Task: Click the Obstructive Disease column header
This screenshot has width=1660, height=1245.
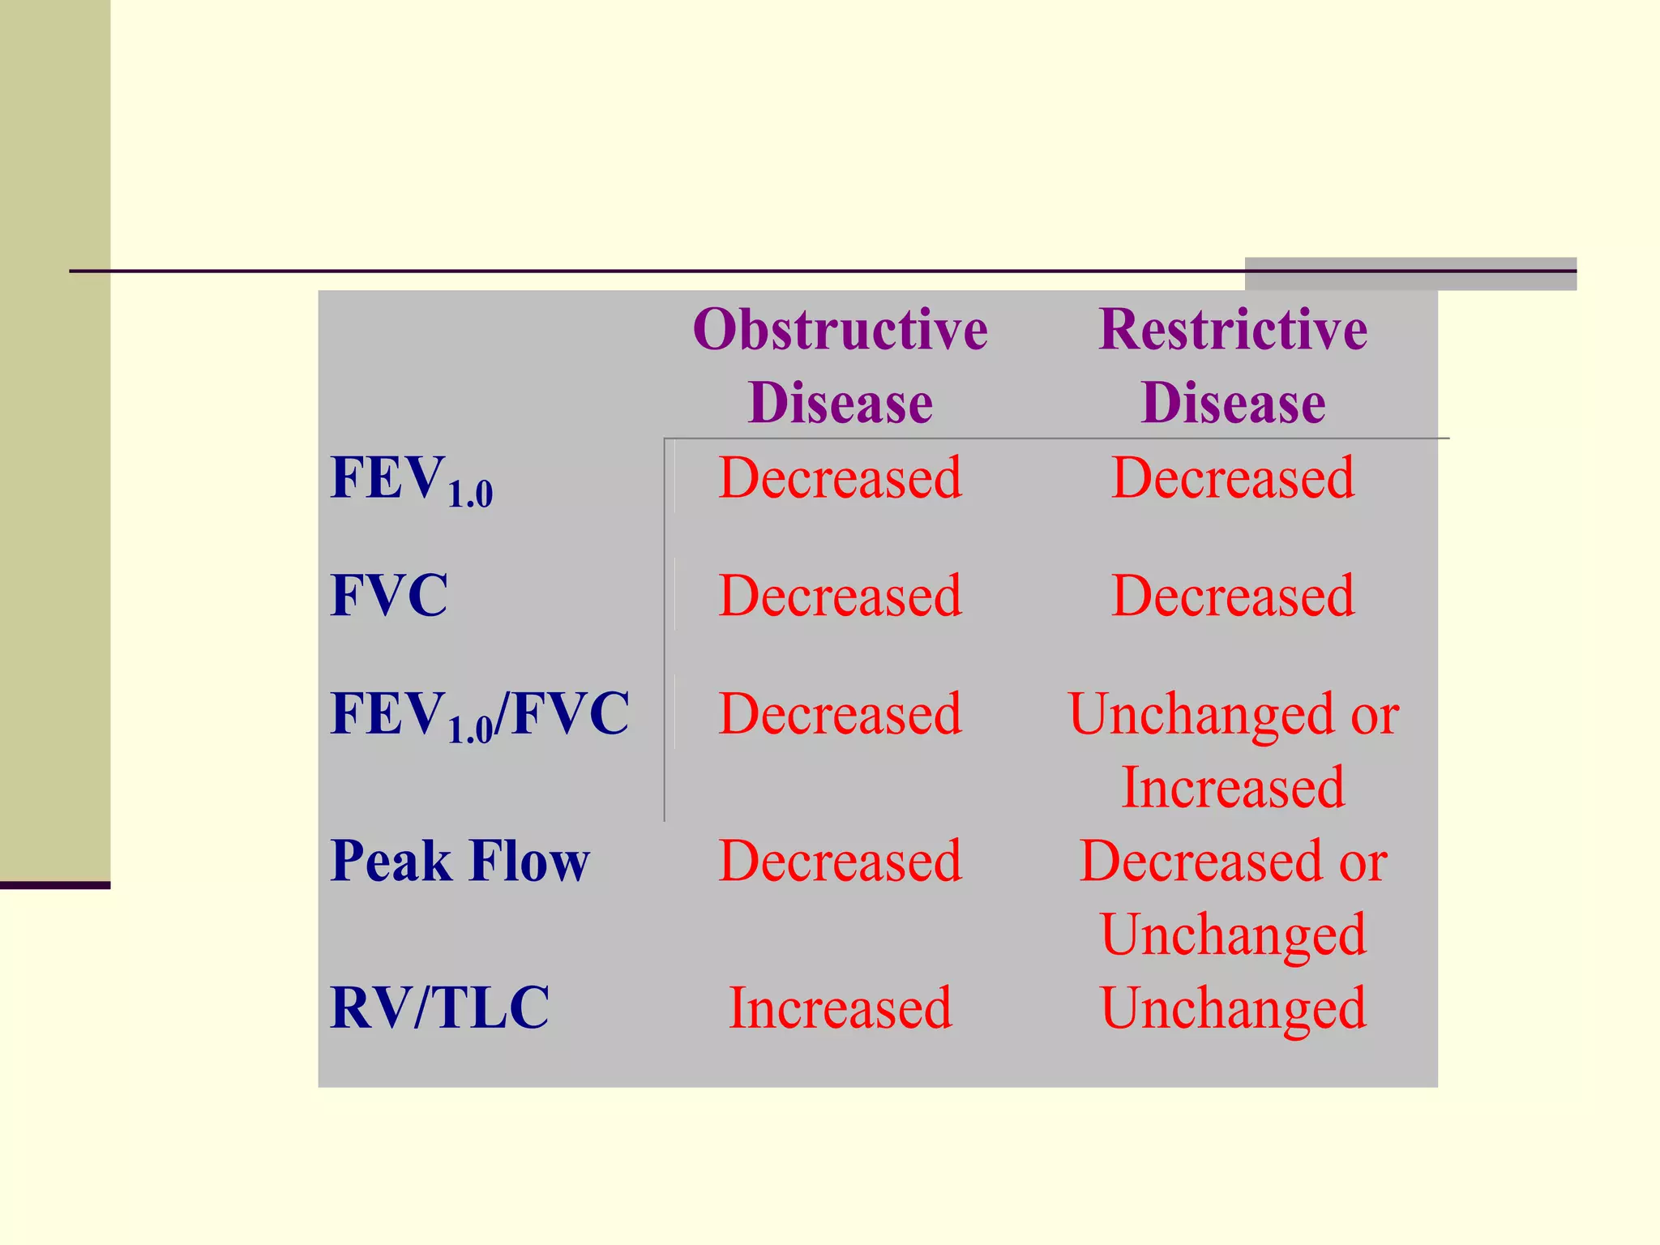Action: (841, 366)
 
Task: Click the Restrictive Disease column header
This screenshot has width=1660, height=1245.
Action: (1233, 366)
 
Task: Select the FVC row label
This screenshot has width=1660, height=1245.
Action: (389, 596)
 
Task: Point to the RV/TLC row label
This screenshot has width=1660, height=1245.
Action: (440, 1008)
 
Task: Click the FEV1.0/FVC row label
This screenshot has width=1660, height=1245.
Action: (480, 715)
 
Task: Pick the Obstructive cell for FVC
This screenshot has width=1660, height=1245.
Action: (841, 596)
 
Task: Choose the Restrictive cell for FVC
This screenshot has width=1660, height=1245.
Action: (1233, 596)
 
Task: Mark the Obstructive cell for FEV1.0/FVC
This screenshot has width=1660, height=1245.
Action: (841, 714)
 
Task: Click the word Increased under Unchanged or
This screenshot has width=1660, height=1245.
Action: (1233, 787)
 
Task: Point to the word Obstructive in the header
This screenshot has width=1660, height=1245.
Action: (841, 330)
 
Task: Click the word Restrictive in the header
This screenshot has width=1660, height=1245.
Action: (1233, 330)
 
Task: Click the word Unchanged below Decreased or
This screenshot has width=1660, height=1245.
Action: (1233, 935)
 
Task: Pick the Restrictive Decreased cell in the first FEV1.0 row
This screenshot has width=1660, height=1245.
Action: (1233, 477)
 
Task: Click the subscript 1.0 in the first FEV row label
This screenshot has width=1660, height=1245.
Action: (470, 494)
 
